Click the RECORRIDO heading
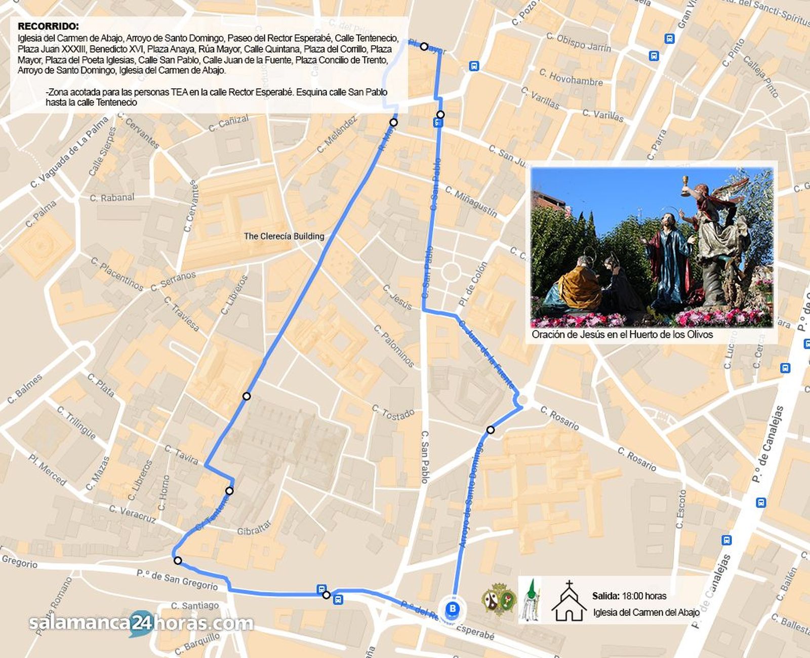tap(48, 26)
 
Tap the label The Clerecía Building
tap(283, 236)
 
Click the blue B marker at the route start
tap(453, 608)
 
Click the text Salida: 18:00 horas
tap(629, 596)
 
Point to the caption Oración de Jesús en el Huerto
tap(622, 334)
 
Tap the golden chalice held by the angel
tap(685, 183)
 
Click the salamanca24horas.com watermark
tap(141, 623)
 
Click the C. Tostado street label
tap(393, 412)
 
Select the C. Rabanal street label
tap(112, 198)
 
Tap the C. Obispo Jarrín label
tap(579, 42)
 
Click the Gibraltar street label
tap(254, 529)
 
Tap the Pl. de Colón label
tap(473, 284)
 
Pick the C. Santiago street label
tap(195, 605)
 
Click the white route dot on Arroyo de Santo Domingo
tap(490, 430)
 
